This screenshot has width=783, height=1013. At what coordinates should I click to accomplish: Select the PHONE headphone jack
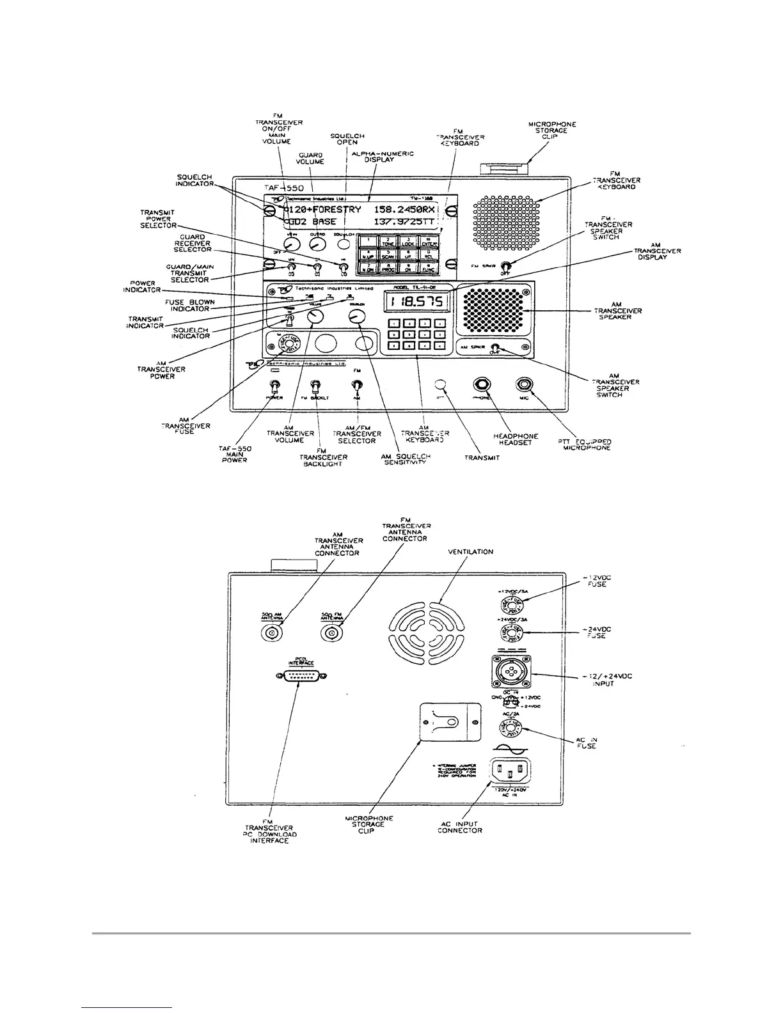click(482, 385)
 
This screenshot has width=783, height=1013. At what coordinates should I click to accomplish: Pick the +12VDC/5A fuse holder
click(511, 604)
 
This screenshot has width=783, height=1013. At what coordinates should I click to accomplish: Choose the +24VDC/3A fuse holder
click(511, 635)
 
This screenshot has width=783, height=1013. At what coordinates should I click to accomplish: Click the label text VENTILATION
click(470, 551)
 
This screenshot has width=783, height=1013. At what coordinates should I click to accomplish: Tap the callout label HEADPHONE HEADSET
click(516, 439)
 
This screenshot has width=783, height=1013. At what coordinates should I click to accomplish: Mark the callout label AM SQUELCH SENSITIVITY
click(401, 459)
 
